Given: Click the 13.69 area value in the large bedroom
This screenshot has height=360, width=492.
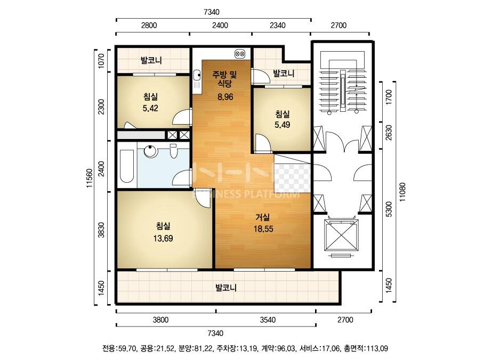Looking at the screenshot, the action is pyautogui.click(x=163, y=239).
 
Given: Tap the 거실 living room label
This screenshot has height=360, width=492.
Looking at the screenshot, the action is pyautogui.click(x=263, y=217).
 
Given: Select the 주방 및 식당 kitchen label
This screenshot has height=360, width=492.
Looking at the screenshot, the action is pyautogui.click(x=225, y=79).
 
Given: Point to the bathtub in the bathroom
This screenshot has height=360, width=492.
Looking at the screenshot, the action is pyautogui.click(x=127, y=166).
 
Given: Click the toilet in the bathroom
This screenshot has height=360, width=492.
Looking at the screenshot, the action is pyautogui.click(x=174, y=151).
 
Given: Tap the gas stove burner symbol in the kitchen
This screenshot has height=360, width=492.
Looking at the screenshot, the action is pyautogui.click(x=240, y=54).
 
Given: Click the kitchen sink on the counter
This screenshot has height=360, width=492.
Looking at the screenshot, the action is pyautogui.click(x=197, y=75).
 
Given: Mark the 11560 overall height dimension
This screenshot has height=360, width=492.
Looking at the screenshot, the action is pyautogui.click(x=90, y=178).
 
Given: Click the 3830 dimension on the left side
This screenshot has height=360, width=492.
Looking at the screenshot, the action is pyautogui.click(x=101, y=230).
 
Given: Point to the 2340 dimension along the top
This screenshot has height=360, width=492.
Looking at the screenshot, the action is pyautogui.click(x=278, y=26).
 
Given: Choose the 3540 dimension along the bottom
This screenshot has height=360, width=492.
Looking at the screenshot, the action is pyautogui.click(x=268, y=320).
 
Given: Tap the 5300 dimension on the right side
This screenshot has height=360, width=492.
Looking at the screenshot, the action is pyautogui.click(x=389, y=209).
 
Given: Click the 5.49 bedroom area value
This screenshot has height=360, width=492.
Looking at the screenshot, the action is pyautogui.click(x=282, y=125).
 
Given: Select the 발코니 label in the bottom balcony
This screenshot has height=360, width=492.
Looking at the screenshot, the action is pyautogui.click(x=226, y=288).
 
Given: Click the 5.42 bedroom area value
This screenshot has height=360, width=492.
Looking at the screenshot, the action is pyautogui.click(x=150, y=109).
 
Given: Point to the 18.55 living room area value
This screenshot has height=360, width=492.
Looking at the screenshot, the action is pyautogui.click(x=263, y=229).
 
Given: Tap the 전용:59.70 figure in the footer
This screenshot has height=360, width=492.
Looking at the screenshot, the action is pyautogui.click(x=119, y=348).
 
